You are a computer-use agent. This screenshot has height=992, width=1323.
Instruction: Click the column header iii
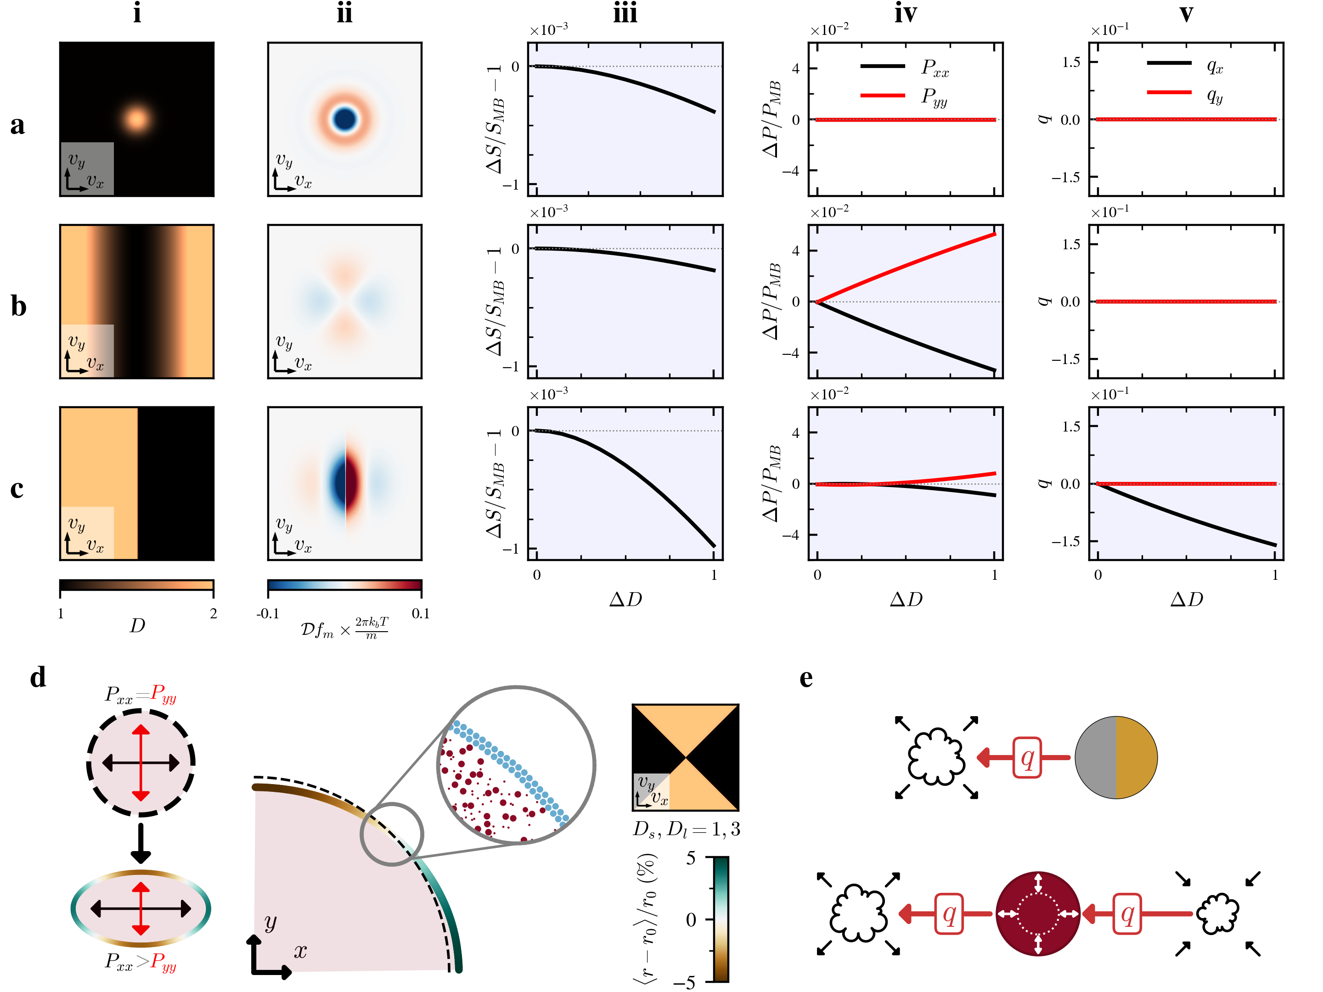pyautogui.click(x=625, y=13)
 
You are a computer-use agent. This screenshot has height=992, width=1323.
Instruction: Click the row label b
pyautogui.click(x=18, y=306)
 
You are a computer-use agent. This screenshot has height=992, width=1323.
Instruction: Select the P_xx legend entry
pyautogui.click(x=904, y=67)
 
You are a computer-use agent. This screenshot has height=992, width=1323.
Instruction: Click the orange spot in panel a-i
pyautogui.click(x=136, y=118)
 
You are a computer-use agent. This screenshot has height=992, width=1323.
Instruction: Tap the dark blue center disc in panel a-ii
pyautogui.click(x=344, y=119)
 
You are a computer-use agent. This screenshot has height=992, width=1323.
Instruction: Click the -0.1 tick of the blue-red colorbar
pyautogui.click(x=268, y=613)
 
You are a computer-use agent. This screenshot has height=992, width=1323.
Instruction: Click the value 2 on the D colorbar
pyautogui.click(x=213, y=613)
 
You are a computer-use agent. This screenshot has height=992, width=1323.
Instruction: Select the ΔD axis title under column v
pyautogui.click(x=1186, y=599)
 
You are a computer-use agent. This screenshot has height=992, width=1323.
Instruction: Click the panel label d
pyautogui.click(x=38, y=678)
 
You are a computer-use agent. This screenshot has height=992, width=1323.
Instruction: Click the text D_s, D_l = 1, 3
pyautogui.click(x=686, y=829)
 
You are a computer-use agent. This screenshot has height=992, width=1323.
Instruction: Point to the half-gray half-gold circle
pyautogui.click(x=1115, y=757)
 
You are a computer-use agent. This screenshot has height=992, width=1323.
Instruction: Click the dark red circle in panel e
pyautogui.click(x=1038, y=914)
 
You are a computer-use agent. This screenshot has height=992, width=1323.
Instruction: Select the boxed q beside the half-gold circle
pyautogui.click(x=1027, y=757)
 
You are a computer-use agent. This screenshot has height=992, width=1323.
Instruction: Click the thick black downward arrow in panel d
pyautogui.click(x=141, y=843)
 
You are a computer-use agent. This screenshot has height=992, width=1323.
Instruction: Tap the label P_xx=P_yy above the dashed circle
pyautogui.click(x=141, y=694)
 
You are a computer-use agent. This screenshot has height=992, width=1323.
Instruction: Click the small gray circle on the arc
pyautogui.click(x=392, y=834)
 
